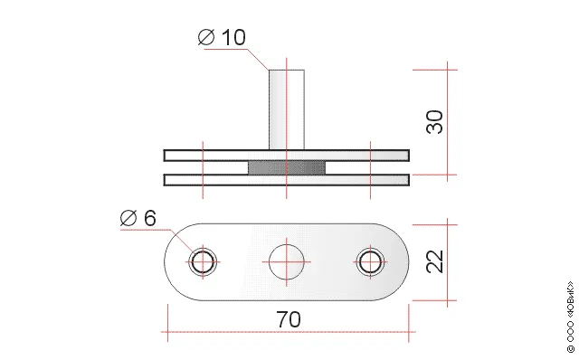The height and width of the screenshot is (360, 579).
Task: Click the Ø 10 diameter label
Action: [x=222, y=37]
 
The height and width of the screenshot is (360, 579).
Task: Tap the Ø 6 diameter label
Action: [x=138, y=218]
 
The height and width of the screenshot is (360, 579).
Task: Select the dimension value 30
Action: [x=434, y=122]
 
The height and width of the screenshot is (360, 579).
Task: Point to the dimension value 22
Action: [x=434, y=261]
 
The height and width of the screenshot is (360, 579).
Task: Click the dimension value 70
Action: [x=289, y=319]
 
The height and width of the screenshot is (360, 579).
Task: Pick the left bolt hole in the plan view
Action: [x=203, y=261]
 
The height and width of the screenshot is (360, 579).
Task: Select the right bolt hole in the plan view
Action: [x=370, y=261]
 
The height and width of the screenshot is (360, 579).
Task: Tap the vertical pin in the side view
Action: [x=287, y=109]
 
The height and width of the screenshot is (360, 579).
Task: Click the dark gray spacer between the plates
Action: [x=287, y=167]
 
